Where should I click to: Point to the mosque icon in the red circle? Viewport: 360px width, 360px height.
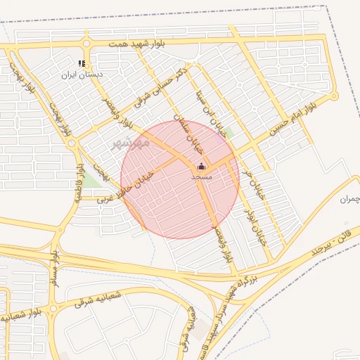tap(201, 167)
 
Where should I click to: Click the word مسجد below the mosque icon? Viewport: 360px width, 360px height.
tap(201, 177)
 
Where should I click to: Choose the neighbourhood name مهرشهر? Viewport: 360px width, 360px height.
tap(131, 143)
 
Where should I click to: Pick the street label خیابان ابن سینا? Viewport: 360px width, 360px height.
tap(226, 112)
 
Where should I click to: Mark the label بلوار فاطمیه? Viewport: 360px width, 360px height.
tap(81, 181)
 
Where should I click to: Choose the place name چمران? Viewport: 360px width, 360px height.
tap(349, 200)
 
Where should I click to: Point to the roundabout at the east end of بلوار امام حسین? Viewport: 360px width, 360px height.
tap(334, 96)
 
